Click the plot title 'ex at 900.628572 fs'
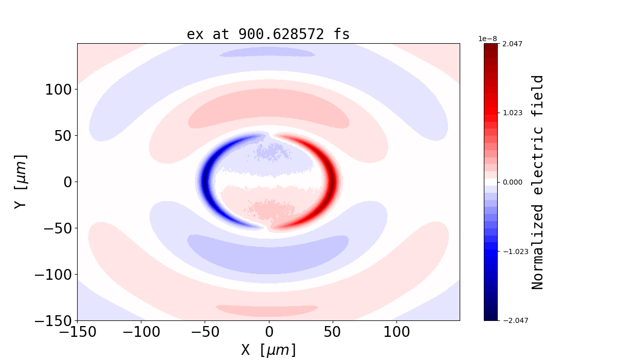click(x=268, y=34)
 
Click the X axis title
click(x=268, y=350)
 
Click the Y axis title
click(x=21, y=182)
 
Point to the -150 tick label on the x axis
click(x=77, y=332)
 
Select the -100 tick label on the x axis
click(x=141, y=332)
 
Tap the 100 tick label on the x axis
click(x=396, y=332)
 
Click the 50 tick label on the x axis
click(x=333, y=332)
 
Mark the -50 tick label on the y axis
click(x=54, y=228)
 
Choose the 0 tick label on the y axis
click(x=66, y=182)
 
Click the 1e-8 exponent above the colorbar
click(x=487, y=39)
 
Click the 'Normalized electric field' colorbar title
click(x=538, y=182)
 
